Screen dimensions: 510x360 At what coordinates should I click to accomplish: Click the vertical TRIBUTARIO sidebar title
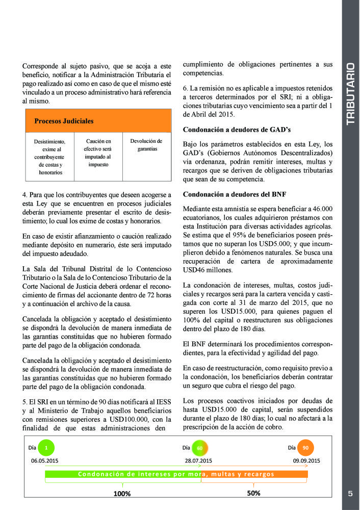tap(350, 94)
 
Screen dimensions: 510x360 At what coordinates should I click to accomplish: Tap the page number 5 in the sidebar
tap(350, 494)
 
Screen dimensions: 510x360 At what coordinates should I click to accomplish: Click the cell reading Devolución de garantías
tap(146, 145)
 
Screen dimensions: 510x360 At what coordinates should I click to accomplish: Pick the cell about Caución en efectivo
tap(98, 152)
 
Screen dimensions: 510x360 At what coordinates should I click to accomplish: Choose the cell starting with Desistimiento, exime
tap(49, 157)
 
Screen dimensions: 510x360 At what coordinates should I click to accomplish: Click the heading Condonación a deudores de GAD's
tap(237, 130)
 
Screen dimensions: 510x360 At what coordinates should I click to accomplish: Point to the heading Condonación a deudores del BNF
tap(235, 194)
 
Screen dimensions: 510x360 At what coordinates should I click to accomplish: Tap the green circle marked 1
tap(46, 448)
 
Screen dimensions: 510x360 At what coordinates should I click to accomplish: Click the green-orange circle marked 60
tap(200, 448)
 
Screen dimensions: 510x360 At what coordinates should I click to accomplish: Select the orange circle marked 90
tap(305, 448)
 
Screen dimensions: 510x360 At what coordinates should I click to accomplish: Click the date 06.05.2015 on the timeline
tap(45, 461)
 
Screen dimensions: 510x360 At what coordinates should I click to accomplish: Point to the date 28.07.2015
tap(198, 461)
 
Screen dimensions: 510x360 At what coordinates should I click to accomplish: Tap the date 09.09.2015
tap(306, 461)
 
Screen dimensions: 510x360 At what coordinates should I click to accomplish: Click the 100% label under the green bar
tap(122, 494)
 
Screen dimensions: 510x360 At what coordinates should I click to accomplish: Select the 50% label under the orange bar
tap(253, 493)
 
